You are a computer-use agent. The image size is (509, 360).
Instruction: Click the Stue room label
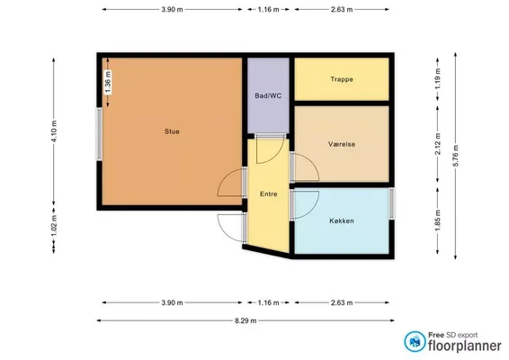[x=172, y=131]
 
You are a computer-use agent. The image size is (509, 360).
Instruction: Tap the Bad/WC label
[x=268, y=95]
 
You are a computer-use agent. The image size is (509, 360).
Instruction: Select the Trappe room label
[x=342, y=79]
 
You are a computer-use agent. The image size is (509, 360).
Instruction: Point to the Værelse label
[x=342, y=144]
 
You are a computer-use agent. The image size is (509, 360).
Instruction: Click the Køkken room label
[x=342, y=220]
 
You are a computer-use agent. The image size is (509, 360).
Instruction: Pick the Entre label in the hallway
[x=269, y=194]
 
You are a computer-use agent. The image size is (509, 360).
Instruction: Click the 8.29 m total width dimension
[x=246, y=320]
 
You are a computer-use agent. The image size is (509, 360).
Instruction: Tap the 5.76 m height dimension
[x=455, y=156]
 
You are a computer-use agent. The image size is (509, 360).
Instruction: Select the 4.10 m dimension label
[x=54, y=131]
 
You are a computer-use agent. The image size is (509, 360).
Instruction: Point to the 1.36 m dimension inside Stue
[x=108, y=83]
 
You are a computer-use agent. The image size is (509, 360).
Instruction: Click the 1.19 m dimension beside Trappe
[x=438, y=79]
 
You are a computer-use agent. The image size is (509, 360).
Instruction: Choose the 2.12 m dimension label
[x=438, y=144]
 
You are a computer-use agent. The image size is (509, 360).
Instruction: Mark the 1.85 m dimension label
[x=438, y=220]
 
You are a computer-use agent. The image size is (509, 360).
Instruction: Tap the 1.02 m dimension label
[x=54, y=227]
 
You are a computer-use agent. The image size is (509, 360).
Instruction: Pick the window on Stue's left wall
[x=99, y=134]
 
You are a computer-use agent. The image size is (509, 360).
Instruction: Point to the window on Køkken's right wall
[x=392, y=203]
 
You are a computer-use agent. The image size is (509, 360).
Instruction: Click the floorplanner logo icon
[x=415, y=341]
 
